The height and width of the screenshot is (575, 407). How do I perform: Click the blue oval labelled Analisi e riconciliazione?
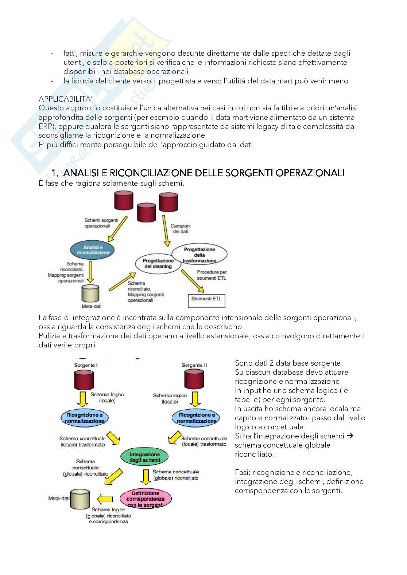click(x=93, y=250)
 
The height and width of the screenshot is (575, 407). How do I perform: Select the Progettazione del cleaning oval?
click(x=158, y=263)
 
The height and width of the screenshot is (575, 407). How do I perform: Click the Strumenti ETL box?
click(x=206, y=300)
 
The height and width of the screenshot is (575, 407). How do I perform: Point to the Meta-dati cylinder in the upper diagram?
click(x=90, y=293)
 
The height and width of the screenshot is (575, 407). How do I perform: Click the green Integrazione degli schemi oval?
click(x=145, y=457)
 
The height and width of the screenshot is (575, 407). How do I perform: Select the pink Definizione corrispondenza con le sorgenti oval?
click(x=146, y=499)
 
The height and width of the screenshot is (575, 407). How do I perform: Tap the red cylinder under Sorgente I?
click(x=84, y=380)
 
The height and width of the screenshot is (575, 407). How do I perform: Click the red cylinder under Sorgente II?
click(x=194, y=379)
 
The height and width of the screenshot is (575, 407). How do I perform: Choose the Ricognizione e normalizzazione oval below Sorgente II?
click(x=196, y=418)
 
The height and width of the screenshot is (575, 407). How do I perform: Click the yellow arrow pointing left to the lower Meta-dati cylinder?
click(x=105, y=499)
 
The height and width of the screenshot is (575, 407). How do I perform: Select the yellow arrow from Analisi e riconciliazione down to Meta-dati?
click(x=92, y=270)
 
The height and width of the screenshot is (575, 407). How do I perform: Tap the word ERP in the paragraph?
click(x=46, y=126)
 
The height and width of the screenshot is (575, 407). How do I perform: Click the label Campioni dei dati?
click(x=181, y=229)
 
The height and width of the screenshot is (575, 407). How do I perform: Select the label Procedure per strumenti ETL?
click(x=212, y=275)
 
